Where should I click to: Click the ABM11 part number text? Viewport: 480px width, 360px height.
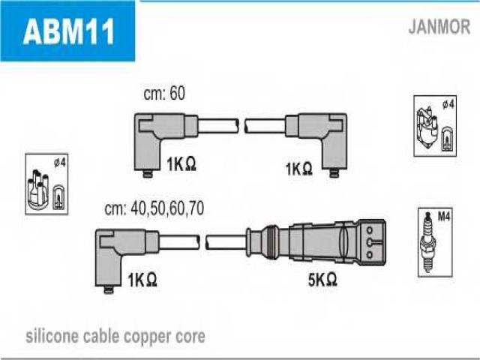[x=68, y=31]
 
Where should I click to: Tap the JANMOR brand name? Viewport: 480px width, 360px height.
[x=439, y=27]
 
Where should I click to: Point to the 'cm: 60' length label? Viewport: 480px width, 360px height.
[x=164, y=93]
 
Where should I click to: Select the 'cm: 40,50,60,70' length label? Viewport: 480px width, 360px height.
[x=154, y=208]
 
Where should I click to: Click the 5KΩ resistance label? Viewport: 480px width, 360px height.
[x=322, y=279]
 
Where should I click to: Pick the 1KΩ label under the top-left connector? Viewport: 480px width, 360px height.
[x=181, y=164]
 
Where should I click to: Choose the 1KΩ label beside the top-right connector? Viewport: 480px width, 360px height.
[x=298, y=169]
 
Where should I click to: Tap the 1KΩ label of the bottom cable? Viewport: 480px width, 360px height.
[x=142, y=280]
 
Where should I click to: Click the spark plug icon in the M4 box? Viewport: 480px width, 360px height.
[x=428, y=242]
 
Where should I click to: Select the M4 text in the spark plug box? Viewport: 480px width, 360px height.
[x=443, y=217]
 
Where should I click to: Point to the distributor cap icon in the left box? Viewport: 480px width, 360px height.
[x=38, y=190]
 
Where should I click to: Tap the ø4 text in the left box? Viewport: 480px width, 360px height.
[x=60, y=163]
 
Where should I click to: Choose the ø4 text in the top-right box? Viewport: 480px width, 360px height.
[x=448, y=104]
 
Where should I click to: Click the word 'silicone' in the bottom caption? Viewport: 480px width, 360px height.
[x=51, y=337]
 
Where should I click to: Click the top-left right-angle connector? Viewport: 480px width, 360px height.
[x=166, y=145]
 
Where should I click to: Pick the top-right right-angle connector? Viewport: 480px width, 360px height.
[x=316, y=145]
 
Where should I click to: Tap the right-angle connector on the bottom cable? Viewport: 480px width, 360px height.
[x=127, y=261]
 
